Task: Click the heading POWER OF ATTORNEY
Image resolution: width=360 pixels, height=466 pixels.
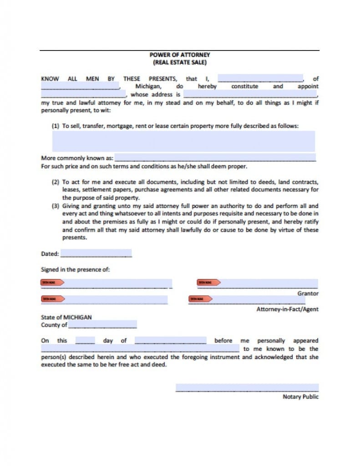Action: click(x=180, y=55)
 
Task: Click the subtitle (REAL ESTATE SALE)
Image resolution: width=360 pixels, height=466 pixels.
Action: click(x=180, y=62)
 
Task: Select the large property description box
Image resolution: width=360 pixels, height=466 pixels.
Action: click(x=183, y=141)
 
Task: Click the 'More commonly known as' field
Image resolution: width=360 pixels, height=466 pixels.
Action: click(x=215, y=158)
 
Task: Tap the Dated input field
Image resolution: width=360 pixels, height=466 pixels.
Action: click(x=96, y=253)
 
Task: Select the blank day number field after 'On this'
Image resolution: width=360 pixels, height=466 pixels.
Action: click(x=85, y=340)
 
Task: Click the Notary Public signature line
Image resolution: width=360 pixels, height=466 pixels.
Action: click(x=247, y=388)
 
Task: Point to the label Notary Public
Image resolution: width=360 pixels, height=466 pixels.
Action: click(x=300, y=397)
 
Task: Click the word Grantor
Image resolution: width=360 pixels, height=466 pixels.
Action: click(x=308, y=294)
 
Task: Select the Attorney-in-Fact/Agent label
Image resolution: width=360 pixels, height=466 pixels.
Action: click(x=287, y=309)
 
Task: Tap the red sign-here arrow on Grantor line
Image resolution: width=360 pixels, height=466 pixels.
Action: click(x=208, y=283)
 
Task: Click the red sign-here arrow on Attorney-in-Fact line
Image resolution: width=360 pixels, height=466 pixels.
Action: click(x=201, y=299)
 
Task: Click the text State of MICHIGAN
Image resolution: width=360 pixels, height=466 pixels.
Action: click(x=66, y=317)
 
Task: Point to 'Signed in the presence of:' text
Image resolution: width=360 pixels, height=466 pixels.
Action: click(x=75, y=269)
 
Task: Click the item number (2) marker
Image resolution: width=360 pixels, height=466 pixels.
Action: click(x=56, y=182)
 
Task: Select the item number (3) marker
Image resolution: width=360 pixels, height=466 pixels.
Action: click(x=56, y=206)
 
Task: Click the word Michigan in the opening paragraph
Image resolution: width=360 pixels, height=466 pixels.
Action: click(x=148, y=86)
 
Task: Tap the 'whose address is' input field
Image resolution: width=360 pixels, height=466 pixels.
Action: click(x=250, y=94)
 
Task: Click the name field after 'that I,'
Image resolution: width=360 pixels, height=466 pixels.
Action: click(x=260, y=78)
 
